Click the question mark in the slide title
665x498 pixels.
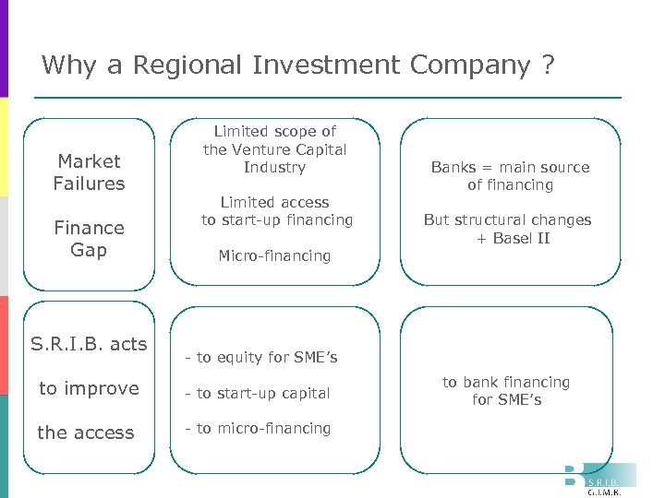click(x=550, y=65)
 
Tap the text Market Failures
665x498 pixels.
click(x=89, y=172)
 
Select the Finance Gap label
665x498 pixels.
click(x=89, y=239)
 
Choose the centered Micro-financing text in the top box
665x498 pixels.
click(x=274, y=255)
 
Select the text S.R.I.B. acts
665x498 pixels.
click(x=89, y=344)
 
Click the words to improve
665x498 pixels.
click(x=89, y=388)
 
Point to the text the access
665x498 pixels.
click(x=86, y=433)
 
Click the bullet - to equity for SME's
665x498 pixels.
click(x=261, y=358)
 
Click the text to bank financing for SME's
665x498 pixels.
click(x=506, y=391)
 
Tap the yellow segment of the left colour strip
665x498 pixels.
click(x=4, y=147)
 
